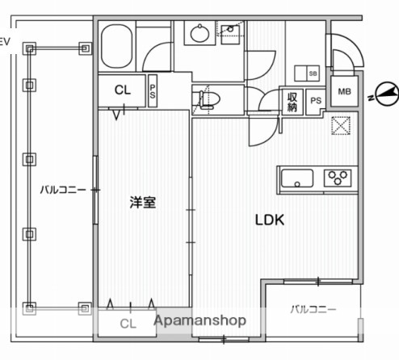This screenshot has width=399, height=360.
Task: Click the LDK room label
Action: point(270,220)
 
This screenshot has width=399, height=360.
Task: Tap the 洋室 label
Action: point(143,203)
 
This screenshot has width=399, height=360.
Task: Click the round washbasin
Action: point(198,35)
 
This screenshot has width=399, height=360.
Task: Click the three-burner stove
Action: point(339,177)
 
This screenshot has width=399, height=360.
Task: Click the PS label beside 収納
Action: point(315,100)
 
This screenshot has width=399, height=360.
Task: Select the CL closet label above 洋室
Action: point(123,90)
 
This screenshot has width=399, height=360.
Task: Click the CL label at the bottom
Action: point(128,324)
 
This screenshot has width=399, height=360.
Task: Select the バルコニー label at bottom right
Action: point(313,309)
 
